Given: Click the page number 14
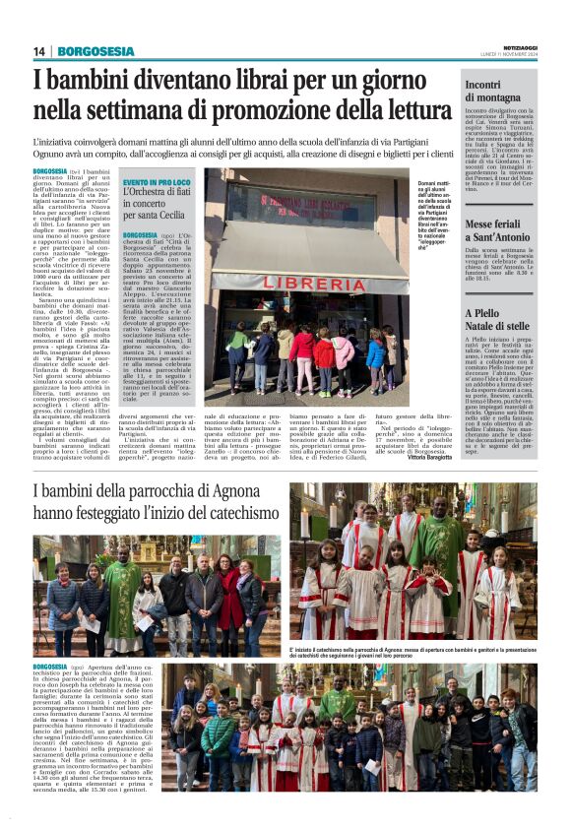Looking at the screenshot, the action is (x=39, y=51).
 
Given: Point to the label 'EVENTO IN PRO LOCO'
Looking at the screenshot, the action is (x=158, y=183).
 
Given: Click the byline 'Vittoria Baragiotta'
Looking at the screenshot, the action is (x=425, y=458).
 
